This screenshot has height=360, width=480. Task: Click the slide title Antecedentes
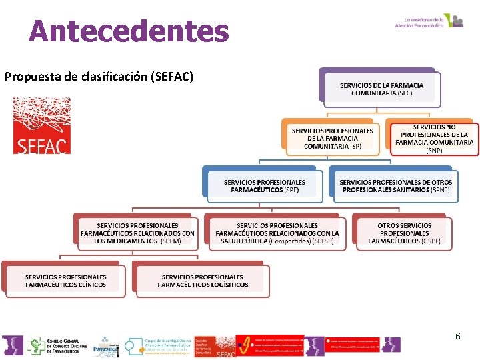[x=129, y=31]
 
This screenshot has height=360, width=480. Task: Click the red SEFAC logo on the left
[x=41, y=126]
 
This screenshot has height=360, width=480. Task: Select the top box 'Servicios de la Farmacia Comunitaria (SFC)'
[x=381, y=89]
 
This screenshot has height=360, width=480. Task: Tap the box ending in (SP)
[x=332, y=138]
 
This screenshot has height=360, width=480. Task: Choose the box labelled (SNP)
[x=434, y=138]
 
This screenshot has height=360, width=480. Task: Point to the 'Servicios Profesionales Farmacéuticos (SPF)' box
[x=264, y=185]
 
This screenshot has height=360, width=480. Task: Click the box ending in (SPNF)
[x=395, y=185]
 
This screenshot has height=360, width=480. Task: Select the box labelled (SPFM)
[x=137, y=233]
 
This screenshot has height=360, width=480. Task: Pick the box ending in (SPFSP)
[x=277, y=233]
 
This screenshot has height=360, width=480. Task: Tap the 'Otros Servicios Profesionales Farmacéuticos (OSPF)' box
[x=404, y=233]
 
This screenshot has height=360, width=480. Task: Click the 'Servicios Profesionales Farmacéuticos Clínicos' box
[x=65, y=281]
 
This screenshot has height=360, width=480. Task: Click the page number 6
[x=457, y=336]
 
